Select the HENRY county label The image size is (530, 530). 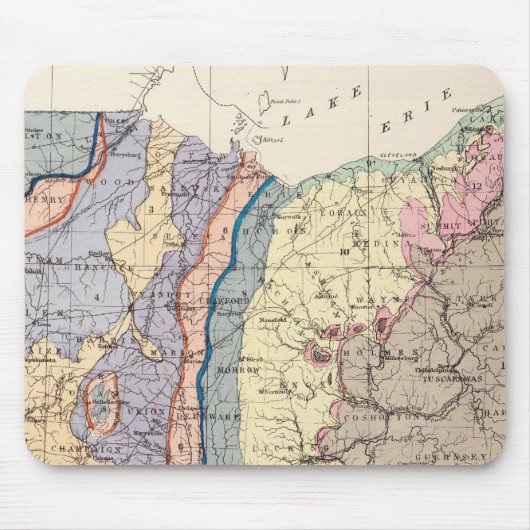tap(44, 200)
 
